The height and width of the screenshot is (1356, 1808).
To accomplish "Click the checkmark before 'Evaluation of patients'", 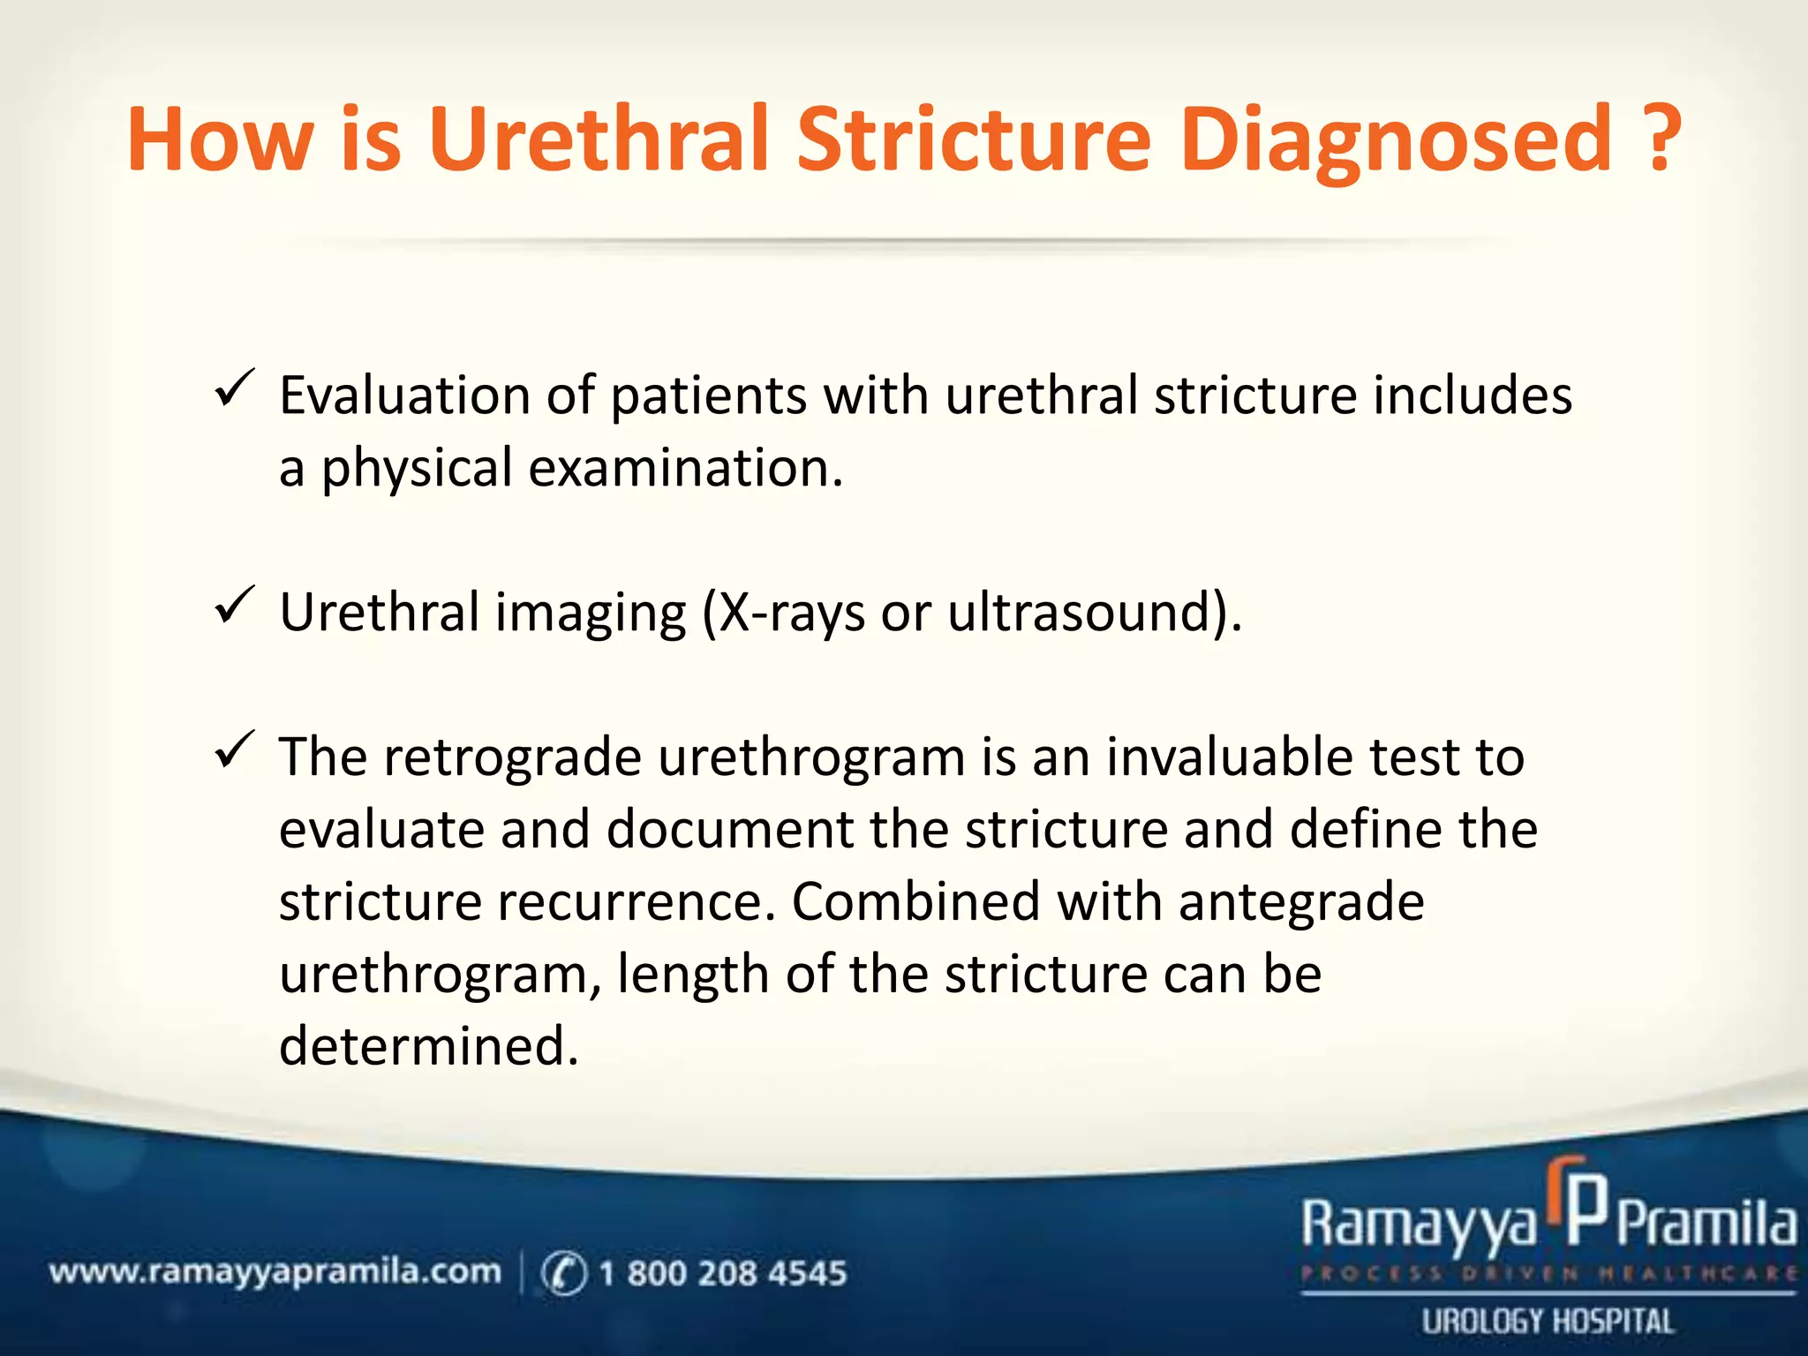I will pos(234,388).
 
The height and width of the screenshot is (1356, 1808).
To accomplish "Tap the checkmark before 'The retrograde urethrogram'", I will pos(234,750).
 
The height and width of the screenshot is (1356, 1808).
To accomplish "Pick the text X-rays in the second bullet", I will pos(791,612).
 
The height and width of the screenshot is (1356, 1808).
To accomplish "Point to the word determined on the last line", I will pos(428,1046).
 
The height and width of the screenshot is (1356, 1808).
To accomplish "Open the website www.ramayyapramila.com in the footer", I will pos(275,1272).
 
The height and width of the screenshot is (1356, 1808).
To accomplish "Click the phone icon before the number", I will pos(562,1273).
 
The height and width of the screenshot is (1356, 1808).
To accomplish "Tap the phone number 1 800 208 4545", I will pos(722,1273).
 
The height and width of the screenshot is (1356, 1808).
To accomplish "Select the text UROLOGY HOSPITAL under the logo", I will pos(1547,1322).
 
